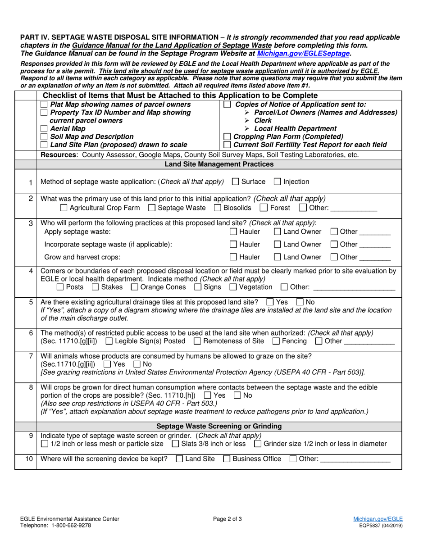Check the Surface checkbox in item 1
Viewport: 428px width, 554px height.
pyautogui.click(x=236, y=182)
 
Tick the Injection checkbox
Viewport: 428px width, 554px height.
pyautogui.click(x=278, y=182)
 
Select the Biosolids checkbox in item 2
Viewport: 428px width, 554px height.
pyautogui.click(x=218, y=208)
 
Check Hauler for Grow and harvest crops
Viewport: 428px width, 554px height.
pyautogui.click(x=233, y=257)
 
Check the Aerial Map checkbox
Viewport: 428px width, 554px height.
pyautogui.click(x=44, y=129)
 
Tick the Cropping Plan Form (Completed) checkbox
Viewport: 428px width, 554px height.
pyautogui.click(x=228, y=137)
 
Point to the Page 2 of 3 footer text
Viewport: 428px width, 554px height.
pyautogui.click(x=228, y=519)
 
